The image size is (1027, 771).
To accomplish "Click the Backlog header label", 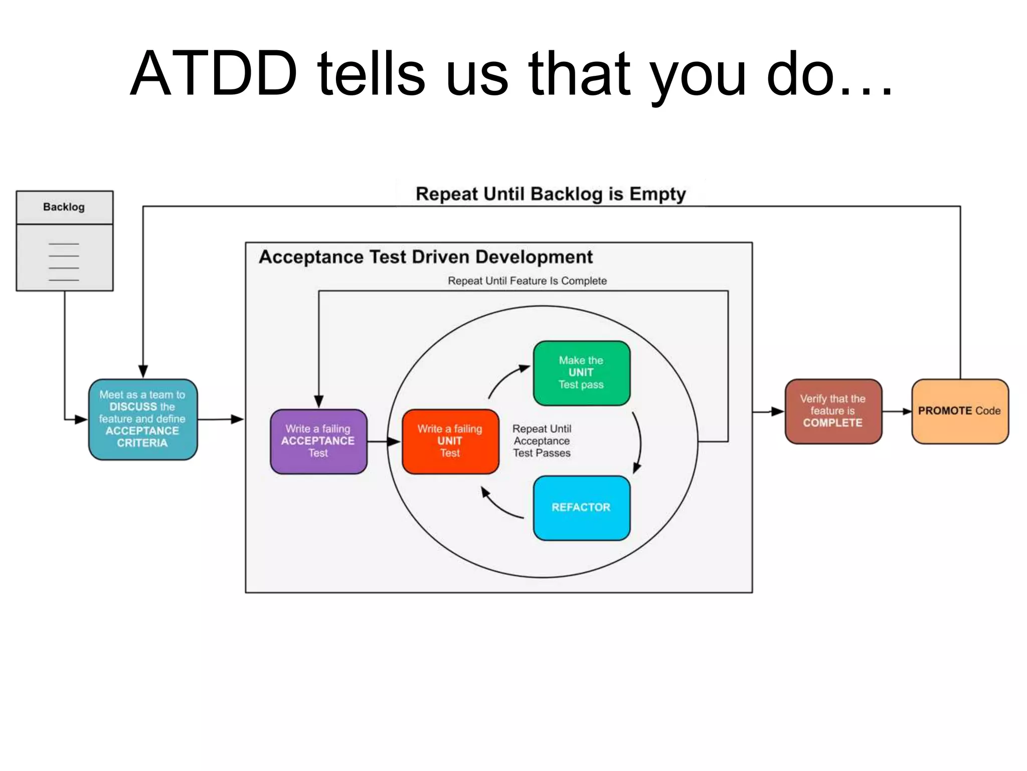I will (64, 207).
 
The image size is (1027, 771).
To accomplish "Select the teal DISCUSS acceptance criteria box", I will (143, 419).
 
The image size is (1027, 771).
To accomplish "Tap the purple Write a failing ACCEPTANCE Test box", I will (318, 441).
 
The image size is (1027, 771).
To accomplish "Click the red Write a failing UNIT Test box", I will (450, 441).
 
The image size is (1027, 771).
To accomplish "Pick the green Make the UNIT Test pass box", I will (581, 373).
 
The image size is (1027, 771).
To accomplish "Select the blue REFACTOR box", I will (581, 507).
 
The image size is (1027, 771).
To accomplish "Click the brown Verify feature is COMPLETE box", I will (833, 411).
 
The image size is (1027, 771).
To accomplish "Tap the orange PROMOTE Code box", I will (959, 411).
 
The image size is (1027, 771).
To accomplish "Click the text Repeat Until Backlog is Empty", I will (551, 194).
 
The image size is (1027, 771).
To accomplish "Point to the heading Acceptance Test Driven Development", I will (426, 257).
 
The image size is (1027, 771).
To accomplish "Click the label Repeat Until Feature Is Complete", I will (527, 281).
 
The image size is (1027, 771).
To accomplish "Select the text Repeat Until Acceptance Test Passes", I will (542, 441).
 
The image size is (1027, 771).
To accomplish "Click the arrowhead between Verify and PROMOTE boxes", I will (907, 412).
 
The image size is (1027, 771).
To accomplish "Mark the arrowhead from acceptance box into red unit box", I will (395, 442).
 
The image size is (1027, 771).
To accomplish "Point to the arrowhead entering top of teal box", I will (143, 372).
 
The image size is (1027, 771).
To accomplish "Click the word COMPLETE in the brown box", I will (832, 423).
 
